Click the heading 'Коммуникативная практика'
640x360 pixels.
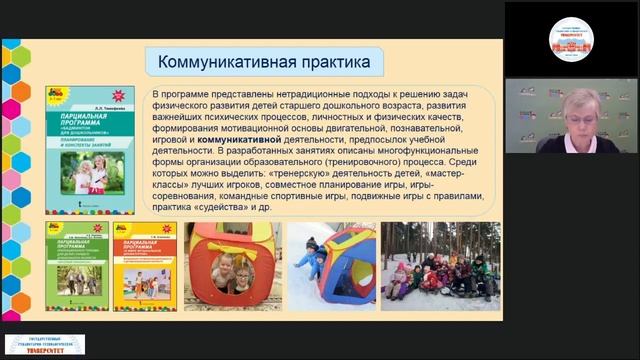[264, 63]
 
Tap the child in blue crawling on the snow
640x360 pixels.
[310, 261]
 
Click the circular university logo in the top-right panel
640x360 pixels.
[571, 37]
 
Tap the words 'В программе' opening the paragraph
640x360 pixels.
[184, 92]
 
